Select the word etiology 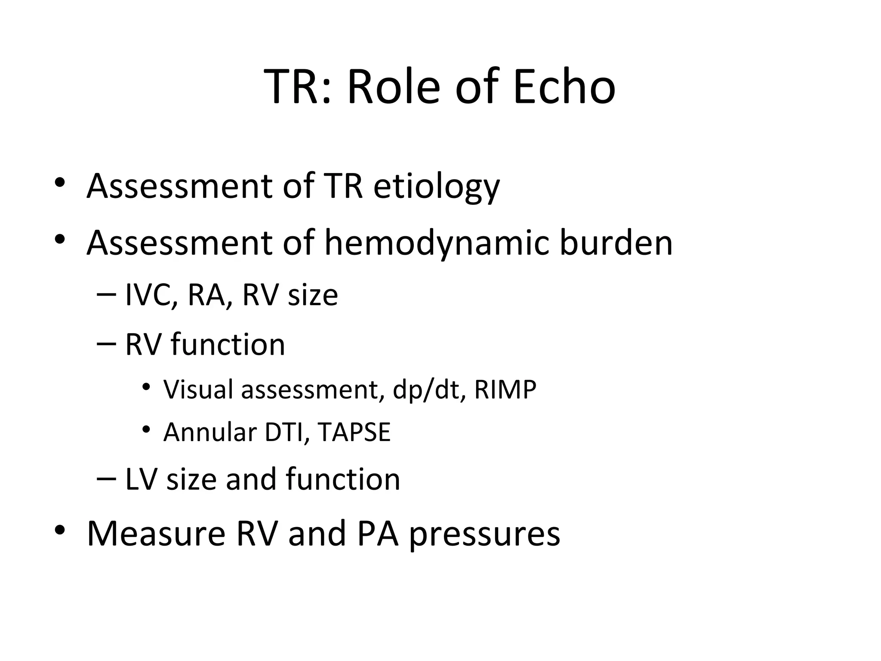[x=436, y=187]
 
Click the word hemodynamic [x=437, y=243]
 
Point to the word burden [x=616, y=243]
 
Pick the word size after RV [x=313, y=295]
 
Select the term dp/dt [x=429, y=389]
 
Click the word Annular [x=210, y=432]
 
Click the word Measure [x=156, y=534]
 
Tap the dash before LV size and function [x=106, y=478]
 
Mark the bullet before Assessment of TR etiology [x=60, y=182]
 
